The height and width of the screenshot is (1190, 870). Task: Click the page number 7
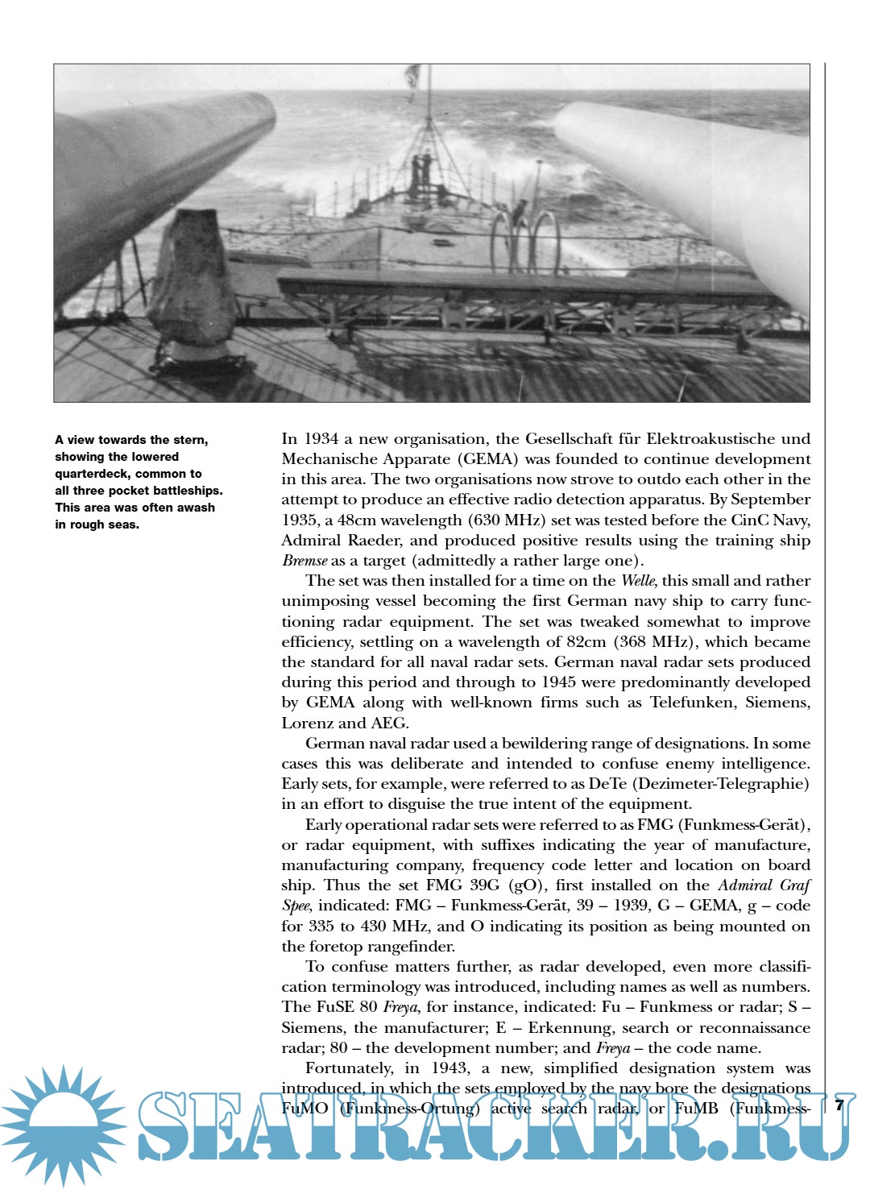[x=839, y=1105]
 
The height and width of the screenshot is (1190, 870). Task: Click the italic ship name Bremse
[x=304, y=561]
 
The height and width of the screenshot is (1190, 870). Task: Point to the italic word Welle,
[x=638, y=581]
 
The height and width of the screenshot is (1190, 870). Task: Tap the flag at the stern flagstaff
[x=412, y=77]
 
